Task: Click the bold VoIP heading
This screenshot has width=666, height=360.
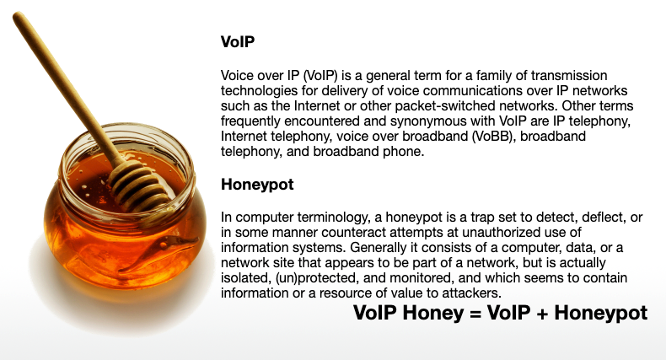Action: [238, 41]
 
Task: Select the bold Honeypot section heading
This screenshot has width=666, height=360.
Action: [257, 185]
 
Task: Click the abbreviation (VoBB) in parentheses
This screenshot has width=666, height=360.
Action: [493, 137]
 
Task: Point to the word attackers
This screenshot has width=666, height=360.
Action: [472, 293]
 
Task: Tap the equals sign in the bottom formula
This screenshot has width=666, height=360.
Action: [475, 314]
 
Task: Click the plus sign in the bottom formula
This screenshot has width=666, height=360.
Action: [542, 314]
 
